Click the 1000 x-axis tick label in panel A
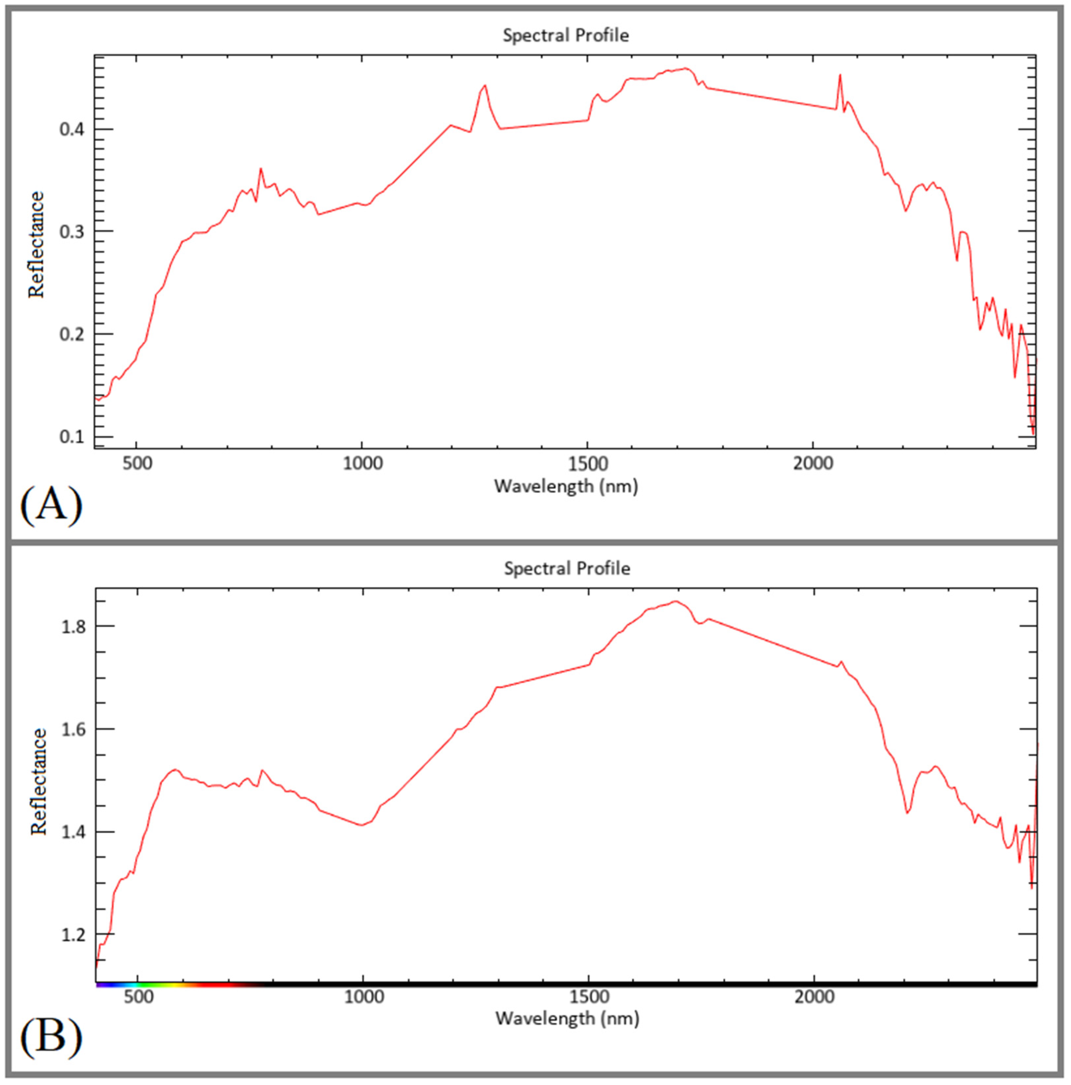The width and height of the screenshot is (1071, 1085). (363, 464)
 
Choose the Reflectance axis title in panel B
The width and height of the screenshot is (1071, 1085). (38, 782)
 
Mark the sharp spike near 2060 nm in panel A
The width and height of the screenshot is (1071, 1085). (840, 76)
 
